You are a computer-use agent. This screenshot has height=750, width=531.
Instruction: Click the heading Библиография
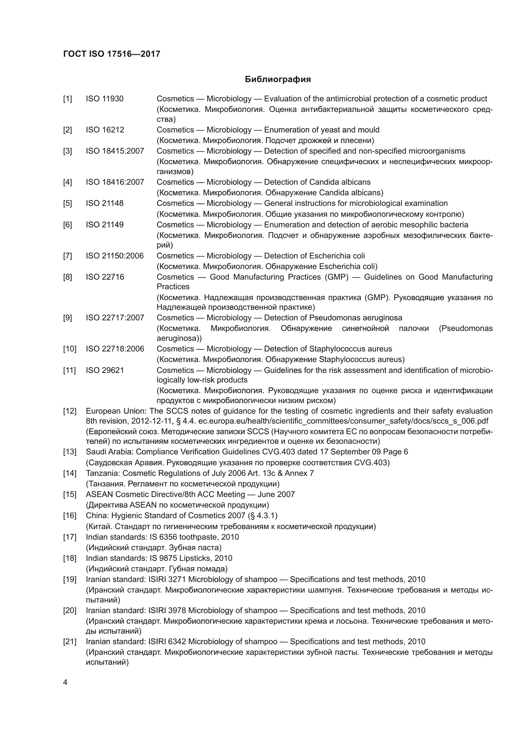[x=278, y=80]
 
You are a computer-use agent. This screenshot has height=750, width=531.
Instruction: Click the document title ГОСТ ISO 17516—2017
[x=112, y=54]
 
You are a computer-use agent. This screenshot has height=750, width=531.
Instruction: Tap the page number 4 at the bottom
[x=65, y=682]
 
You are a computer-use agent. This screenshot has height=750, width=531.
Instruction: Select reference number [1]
[x=68, y=99]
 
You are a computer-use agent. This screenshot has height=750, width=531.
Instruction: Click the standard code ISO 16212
[x=105, y=130]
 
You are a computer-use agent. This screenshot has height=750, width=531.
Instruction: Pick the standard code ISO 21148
[x=105, y=203]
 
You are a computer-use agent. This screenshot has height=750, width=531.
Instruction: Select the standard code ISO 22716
[x=105, y=277]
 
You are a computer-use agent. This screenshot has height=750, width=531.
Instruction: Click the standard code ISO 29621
[x=105, y=370]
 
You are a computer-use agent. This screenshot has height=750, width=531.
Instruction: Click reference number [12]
[x=70, y=411]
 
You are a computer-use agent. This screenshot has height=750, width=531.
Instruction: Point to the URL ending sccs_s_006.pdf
[x=343, y=421]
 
